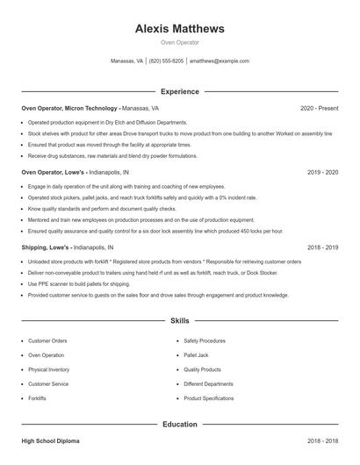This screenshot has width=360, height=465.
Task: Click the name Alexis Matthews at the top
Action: [180, 28]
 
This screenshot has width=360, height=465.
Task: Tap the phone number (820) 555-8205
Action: [166, 61]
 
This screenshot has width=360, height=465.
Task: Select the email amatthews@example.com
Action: [220, 61]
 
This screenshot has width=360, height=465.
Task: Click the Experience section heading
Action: [180, 91]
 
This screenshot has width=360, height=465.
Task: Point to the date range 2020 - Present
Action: [319, 108]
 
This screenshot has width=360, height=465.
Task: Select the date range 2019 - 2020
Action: [322, 173]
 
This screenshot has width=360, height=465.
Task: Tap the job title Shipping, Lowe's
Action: [46, 248]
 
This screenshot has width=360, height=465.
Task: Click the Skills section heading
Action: [180, 322]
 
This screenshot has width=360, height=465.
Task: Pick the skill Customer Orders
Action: [47, 340]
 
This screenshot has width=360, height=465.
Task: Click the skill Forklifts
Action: [37, 398]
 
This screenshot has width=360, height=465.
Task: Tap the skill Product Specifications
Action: [209, 398]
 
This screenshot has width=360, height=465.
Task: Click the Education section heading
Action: [180, 424]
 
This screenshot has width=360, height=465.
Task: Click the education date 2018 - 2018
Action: [322, 440]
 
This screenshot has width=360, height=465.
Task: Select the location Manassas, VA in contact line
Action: [126, 61]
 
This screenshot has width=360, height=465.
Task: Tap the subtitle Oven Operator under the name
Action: [180, 42]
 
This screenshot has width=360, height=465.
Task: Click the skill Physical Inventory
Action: [49, 369]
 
